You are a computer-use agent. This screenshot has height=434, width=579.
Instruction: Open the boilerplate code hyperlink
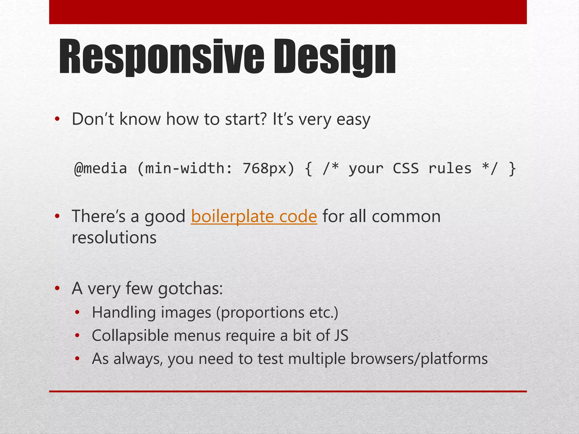coord(254,217)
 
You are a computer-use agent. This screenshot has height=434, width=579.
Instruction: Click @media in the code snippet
coord(100,168)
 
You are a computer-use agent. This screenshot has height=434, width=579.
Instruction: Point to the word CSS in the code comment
coord(406,168)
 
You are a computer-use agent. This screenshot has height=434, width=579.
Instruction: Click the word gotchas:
coord(190,289)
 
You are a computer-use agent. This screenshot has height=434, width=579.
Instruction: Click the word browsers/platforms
coord(419,359)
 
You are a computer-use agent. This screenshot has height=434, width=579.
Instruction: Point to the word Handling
coord(124,313)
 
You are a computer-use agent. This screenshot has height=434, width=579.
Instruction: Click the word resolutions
coord(114,238)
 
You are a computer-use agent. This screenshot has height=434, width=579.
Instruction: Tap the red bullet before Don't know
coord(57,119)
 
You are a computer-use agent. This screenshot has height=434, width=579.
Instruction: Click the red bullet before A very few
coord(57,288)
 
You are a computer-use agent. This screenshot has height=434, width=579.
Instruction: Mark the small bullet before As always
coord(77,359)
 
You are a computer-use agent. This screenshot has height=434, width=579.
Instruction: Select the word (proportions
coord(260,313)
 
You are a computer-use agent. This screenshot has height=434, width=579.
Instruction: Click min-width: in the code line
coord(185,168)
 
